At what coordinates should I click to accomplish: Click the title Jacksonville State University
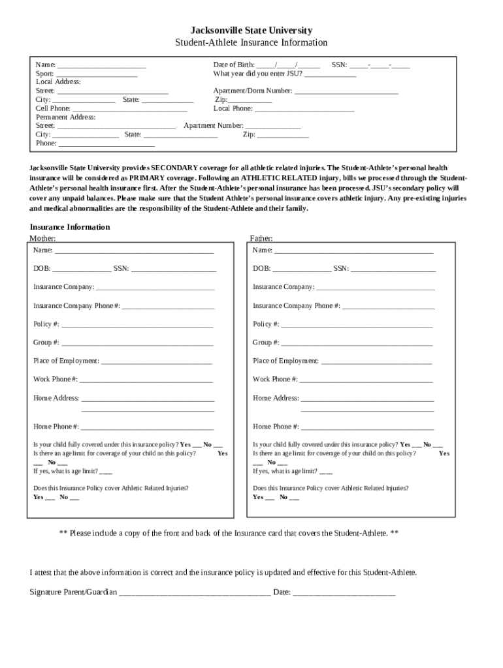tap(251, 31)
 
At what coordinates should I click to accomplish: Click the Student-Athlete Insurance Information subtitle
tap(251, 43)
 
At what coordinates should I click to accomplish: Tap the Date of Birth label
tap(235, 65)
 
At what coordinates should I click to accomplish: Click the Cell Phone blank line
tap(130, 110)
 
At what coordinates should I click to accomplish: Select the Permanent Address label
tap(65, 117)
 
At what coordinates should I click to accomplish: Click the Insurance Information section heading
tap(70, 227)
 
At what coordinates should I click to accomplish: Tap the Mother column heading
tap(42, 239)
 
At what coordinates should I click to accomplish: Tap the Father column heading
tap(261, 239)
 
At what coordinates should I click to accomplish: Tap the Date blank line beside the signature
tap(344, 594)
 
